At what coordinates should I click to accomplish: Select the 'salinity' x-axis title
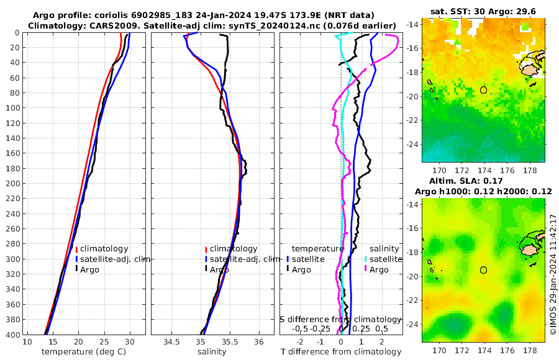(212, 352)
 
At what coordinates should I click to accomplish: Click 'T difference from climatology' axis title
(342, 352)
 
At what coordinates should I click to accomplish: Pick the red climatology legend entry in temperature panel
(103, 249)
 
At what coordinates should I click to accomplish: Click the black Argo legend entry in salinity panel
(217, 269)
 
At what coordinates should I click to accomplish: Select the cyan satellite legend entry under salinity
(385, 259)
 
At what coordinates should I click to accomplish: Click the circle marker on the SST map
(483, 90)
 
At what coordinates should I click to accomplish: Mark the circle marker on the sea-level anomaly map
(483, 270)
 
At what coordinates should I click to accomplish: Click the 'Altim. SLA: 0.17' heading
(483, 181)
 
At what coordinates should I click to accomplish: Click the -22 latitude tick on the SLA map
(412, 300)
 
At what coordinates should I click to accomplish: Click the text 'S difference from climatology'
(340, 319)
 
